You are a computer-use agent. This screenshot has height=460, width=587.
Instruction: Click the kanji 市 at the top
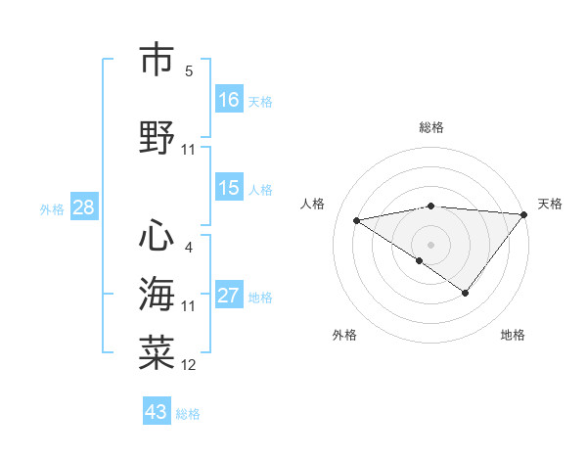tap(157, 62)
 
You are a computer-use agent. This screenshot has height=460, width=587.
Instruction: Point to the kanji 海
tap(157, 294)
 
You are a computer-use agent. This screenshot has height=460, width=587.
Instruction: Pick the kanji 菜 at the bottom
tap(157, 350)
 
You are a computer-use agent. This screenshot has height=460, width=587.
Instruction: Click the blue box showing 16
tap(229, 99)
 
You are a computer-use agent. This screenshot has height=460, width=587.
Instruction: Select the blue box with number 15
tap(229, 188)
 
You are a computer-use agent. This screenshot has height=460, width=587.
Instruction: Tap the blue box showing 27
tap(229, 296)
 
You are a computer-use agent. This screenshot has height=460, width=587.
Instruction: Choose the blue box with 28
tap(83, 207)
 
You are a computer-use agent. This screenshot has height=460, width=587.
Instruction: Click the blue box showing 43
tap(157, 412)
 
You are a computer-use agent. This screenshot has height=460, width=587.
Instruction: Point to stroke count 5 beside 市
tap(189, 71)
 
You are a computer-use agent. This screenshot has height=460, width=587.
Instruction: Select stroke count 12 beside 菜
tap(189, 365)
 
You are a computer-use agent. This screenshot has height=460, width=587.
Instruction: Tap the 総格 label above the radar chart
tap(431, 127)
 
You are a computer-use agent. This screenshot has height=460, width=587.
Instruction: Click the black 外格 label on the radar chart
tap(344, 336)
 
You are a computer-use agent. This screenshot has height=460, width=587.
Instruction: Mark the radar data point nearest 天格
tap(525, 213)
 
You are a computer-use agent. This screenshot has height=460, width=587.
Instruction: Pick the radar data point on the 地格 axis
tap(466, 293)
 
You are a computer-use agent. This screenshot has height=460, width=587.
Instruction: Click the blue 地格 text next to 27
tap(261, 298)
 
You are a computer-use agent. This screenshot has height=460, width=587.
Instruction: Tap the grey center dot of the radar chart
tap(430, 244)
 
